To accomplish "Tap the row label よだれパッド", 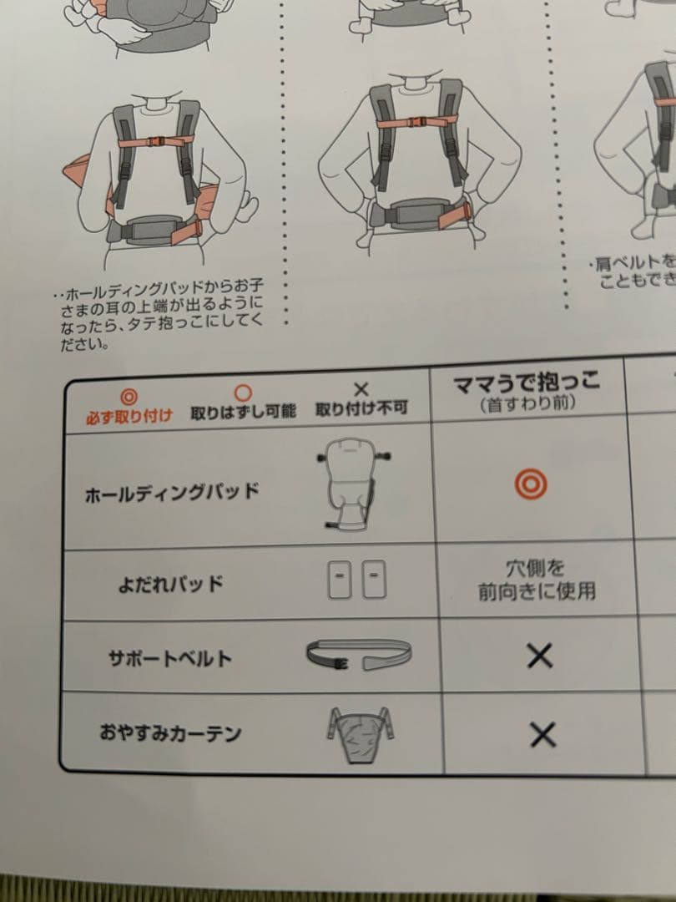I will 170,583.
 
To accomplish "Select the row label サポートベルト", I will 169,657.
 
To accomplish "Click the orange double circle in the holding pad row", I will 531,483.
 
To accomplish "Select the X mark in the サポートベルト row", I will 540,656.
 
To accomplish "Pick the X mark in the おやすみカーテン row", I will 542,734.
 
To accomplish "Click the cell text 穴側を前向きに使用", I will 537,580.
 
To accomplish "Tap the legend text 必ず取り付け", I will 129,414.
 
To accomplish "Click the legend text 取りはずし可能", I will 243,413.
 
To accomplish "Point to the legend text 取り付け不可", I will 361,410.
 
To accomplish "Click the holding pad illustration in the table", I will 356,484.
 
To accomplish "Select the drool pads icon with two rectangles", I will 356,579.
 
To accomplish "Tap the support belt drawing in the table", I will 358,656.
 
